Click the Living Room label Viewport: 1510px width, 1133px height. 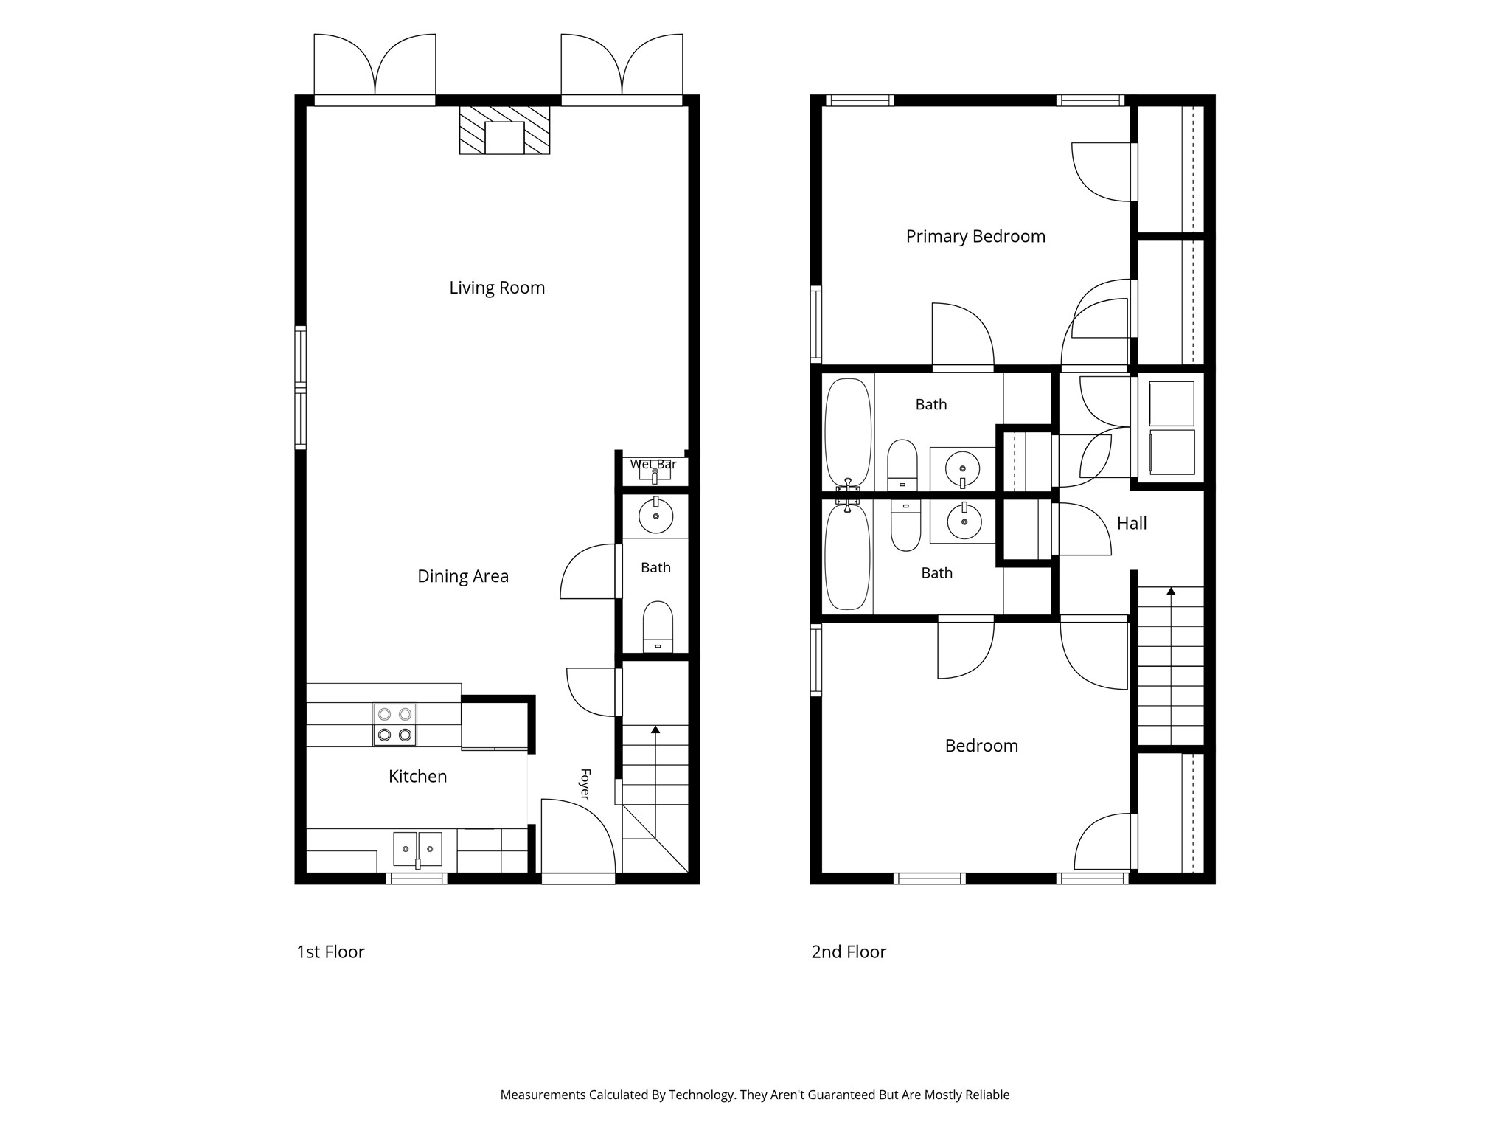pos(497,288)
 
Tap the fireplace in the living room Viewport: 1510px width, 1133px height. pos(504,130)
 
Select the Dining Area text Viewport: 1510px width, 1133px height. pos(463,576)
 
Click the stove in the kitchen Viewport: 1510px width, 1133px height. pos(394,724)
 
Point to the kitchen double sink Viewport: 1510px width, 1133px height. pos(417,848)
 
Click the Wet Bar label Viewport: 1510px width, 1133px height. pos(653,465)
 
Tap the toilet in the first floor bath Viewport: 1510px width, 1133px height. pos(658,626)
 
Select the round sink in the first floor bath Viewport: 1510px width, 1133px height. pos(655,516)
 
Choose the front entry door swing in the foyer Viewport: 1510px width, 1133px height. pos(579,838)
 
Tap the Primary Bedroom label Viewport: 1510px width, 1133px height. pos(975,237)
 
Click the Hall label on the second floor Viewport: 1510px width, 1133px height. pos(1132,524)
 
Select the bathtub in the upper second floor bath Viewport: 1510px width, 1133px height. pos(848,433)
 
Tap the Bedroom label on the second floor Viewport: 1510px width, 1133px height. pos(981,746)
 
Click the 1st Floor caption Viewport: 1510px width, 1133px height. pos(330,952)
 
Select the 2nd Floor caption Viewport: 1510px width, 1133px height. pos(849,952)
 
